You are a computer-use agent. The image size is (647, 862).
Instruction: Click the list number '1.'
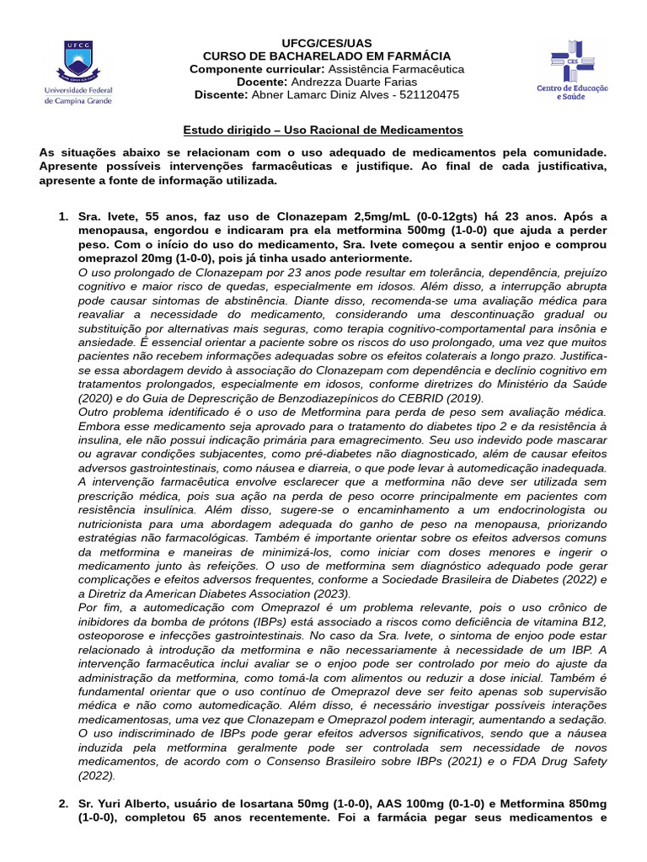[63, 216]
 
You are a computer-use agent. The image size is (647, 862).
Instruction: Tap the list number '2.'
[63, 804]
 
